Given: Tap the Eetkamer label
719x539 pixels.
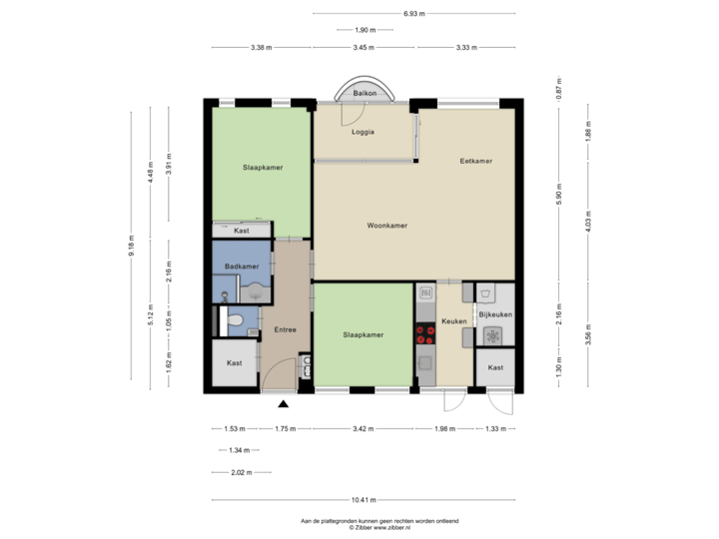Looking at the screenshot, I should pyautogui.click(x=475, y=161).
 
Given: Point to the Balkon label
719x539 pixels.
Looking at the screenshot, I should pyautogui.click(x=363, y=93).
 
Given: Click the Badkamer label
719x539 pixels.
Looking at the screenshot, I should pyautogui.click(x=242, y=267).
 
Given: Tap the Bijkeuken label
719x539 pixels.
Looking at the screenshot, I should pyautogui.click(x=495, y=314).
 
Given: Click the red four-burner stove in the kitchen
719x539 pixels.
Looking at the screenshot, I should pyautogui.click(x=423, y=334).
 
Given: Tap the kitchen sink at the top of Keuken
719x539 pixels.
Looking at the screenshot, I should pyautogui.click(x=426, y=294).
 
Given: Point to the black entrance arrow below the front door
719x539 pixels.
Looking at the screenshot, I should pyautogui.click(x=284, y=404).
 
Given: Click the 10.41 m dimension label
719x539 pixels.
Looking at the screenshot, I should pyautogui.click(x=362, y=499).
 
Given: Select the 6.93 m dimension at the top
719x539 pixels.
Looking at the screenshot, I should pyautogui.click(x=413, y=14).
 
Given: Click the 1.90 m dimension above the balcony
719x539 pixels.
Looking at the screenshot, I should pyautogui.click(x=364, y=30).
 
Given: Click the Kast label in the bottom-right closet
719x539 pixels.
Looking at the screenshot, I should pyautogui.click(x=495, y=367).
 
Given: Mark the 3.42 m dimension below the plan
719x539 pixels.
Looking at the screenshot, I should pyautogui.click(x=363, y=429).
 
